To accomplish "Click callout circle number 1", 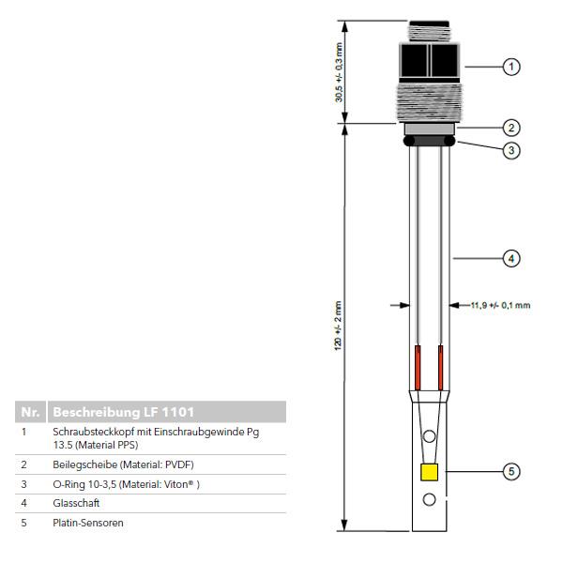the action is tap(511, 67).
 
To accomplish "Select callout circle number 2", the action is tap(511, 128).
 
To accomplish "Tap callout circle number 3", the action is tap(511, 150).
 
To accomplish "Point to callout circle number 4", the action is tap(511, 258).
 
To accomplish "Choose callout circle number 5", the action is tap(511, 471).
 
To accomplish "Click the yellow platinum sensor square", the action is tap(429, 472).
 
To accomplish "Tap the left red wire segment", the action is tap(418, 368).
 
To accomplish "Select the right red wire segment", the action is tap(441, 368).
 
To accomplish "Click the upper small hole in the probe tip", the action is tap(429, 436).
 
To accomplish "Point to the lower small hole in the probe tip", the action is tap(429, 499).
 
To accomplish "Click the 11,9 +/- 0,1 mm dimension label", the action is tap(500, 305).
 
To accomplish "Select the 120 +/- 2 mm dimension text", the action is tap(338, 326).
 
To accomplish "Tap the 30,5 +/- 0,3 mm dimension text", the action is tap(339, 72).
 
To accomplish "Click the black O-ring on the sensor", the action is tap(429, 141).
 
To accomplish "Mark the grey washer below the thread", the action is tap(430, 129).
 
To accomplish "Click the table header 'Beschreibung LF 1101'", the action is tap(123, 412).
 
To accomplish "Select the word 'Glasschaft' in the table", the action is tap(76, 503).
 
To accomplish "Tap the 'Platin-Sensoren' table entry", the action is tap(88, 523).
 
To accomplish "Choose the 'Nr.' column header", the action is tap(30, 412).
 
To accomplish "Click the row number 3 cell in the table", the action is tap(23, 484).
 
